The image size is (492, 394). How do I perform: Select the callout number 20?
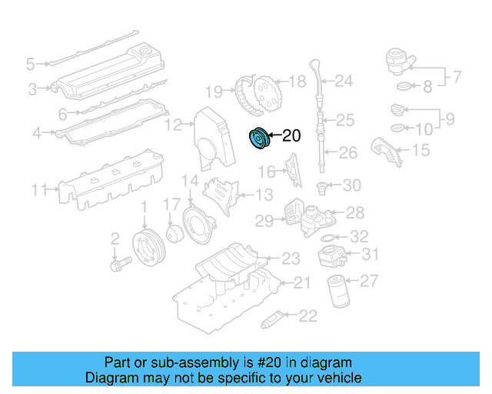click(x=290, y=137)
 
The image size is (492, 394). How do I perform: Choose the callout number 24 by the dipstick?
click(x=343, y=80)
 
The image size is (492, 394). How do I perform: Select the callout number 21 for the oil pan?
click(x=302, y=283)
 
